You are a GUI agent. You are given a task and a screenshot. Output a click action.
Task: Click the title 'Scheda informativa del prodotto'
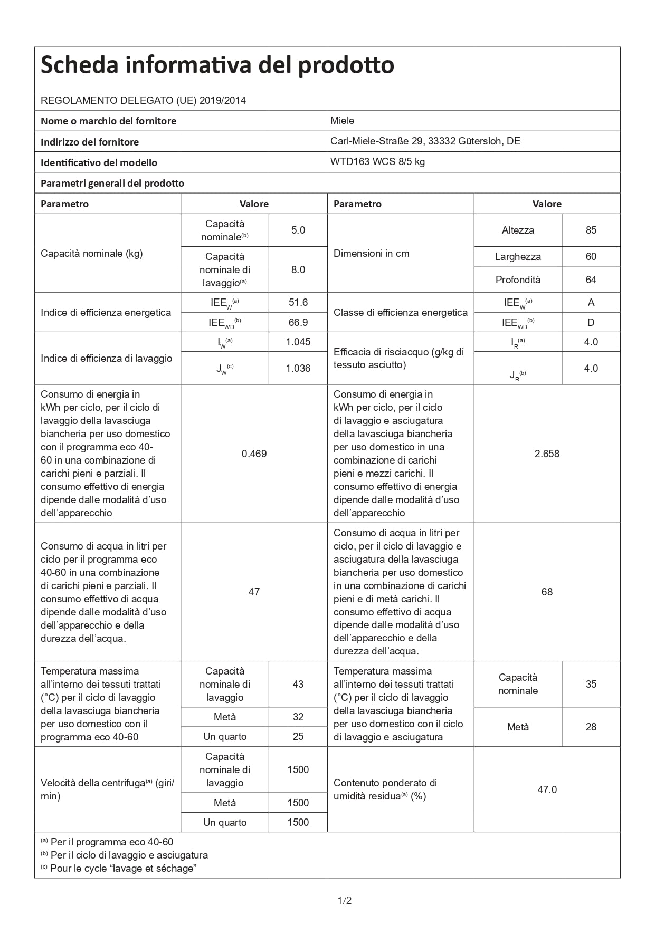(x=217, y=65)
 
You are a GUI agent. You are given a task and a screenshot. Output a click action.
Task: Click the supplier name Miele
(x=342, y=121)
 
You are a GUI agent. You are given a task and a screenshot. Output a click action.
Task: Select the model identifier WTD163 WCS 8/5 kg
(x=377, y=162)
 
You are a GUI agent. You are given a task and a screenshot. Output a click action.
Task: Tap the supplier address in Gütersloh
(x=425, y=141)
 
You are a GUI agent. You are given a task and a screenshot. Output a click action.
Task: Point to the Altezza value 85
(x=591, y=230)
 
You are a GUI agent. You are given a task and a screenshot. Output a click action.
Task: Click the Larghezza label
(x=518, y=257)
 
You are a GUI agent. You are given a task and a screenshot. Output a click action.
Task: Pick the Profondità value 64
(x=591, y=280)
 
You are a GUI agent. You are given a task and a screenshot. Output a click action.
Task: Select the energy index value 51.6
(x=298, y=303)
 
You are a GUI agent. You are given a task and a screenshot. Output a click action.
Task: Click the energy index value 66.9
(x=298, y=323)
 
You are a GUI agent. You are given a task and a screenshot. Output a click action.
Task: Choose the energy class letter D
(x=591, y=323)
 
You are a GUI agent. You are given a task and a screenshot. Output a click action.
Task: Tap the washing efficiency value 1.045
(x=298, y=342)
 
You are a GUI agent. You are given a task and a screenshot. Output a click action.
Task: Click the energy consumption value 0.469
(x=254, y=454)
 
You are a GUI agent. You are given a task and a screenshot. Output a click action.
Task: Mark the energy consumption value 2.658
(x=547, y=454)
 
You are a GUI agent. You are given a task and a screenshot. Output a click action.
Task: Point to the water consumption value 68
(x=547, y=592)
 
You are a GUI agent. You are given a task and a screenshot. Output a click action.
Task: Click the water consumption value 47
(x=254, y=592)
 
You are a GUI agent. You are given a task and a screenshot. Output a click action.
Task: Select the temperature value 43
(x=298, y=685)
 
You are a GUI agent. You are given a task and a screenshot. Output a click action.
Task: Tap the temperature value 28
(x=591, y=727)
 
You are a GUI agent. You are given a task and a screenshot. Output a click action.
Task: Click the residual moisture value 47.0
(x=547, y=790)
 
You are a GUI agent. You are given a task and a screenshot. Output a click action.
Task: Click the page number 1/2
(x=345, y=901)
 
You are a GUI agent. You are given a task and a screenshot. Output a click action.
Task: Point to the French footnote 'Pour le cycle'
(x=123, y=869)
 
